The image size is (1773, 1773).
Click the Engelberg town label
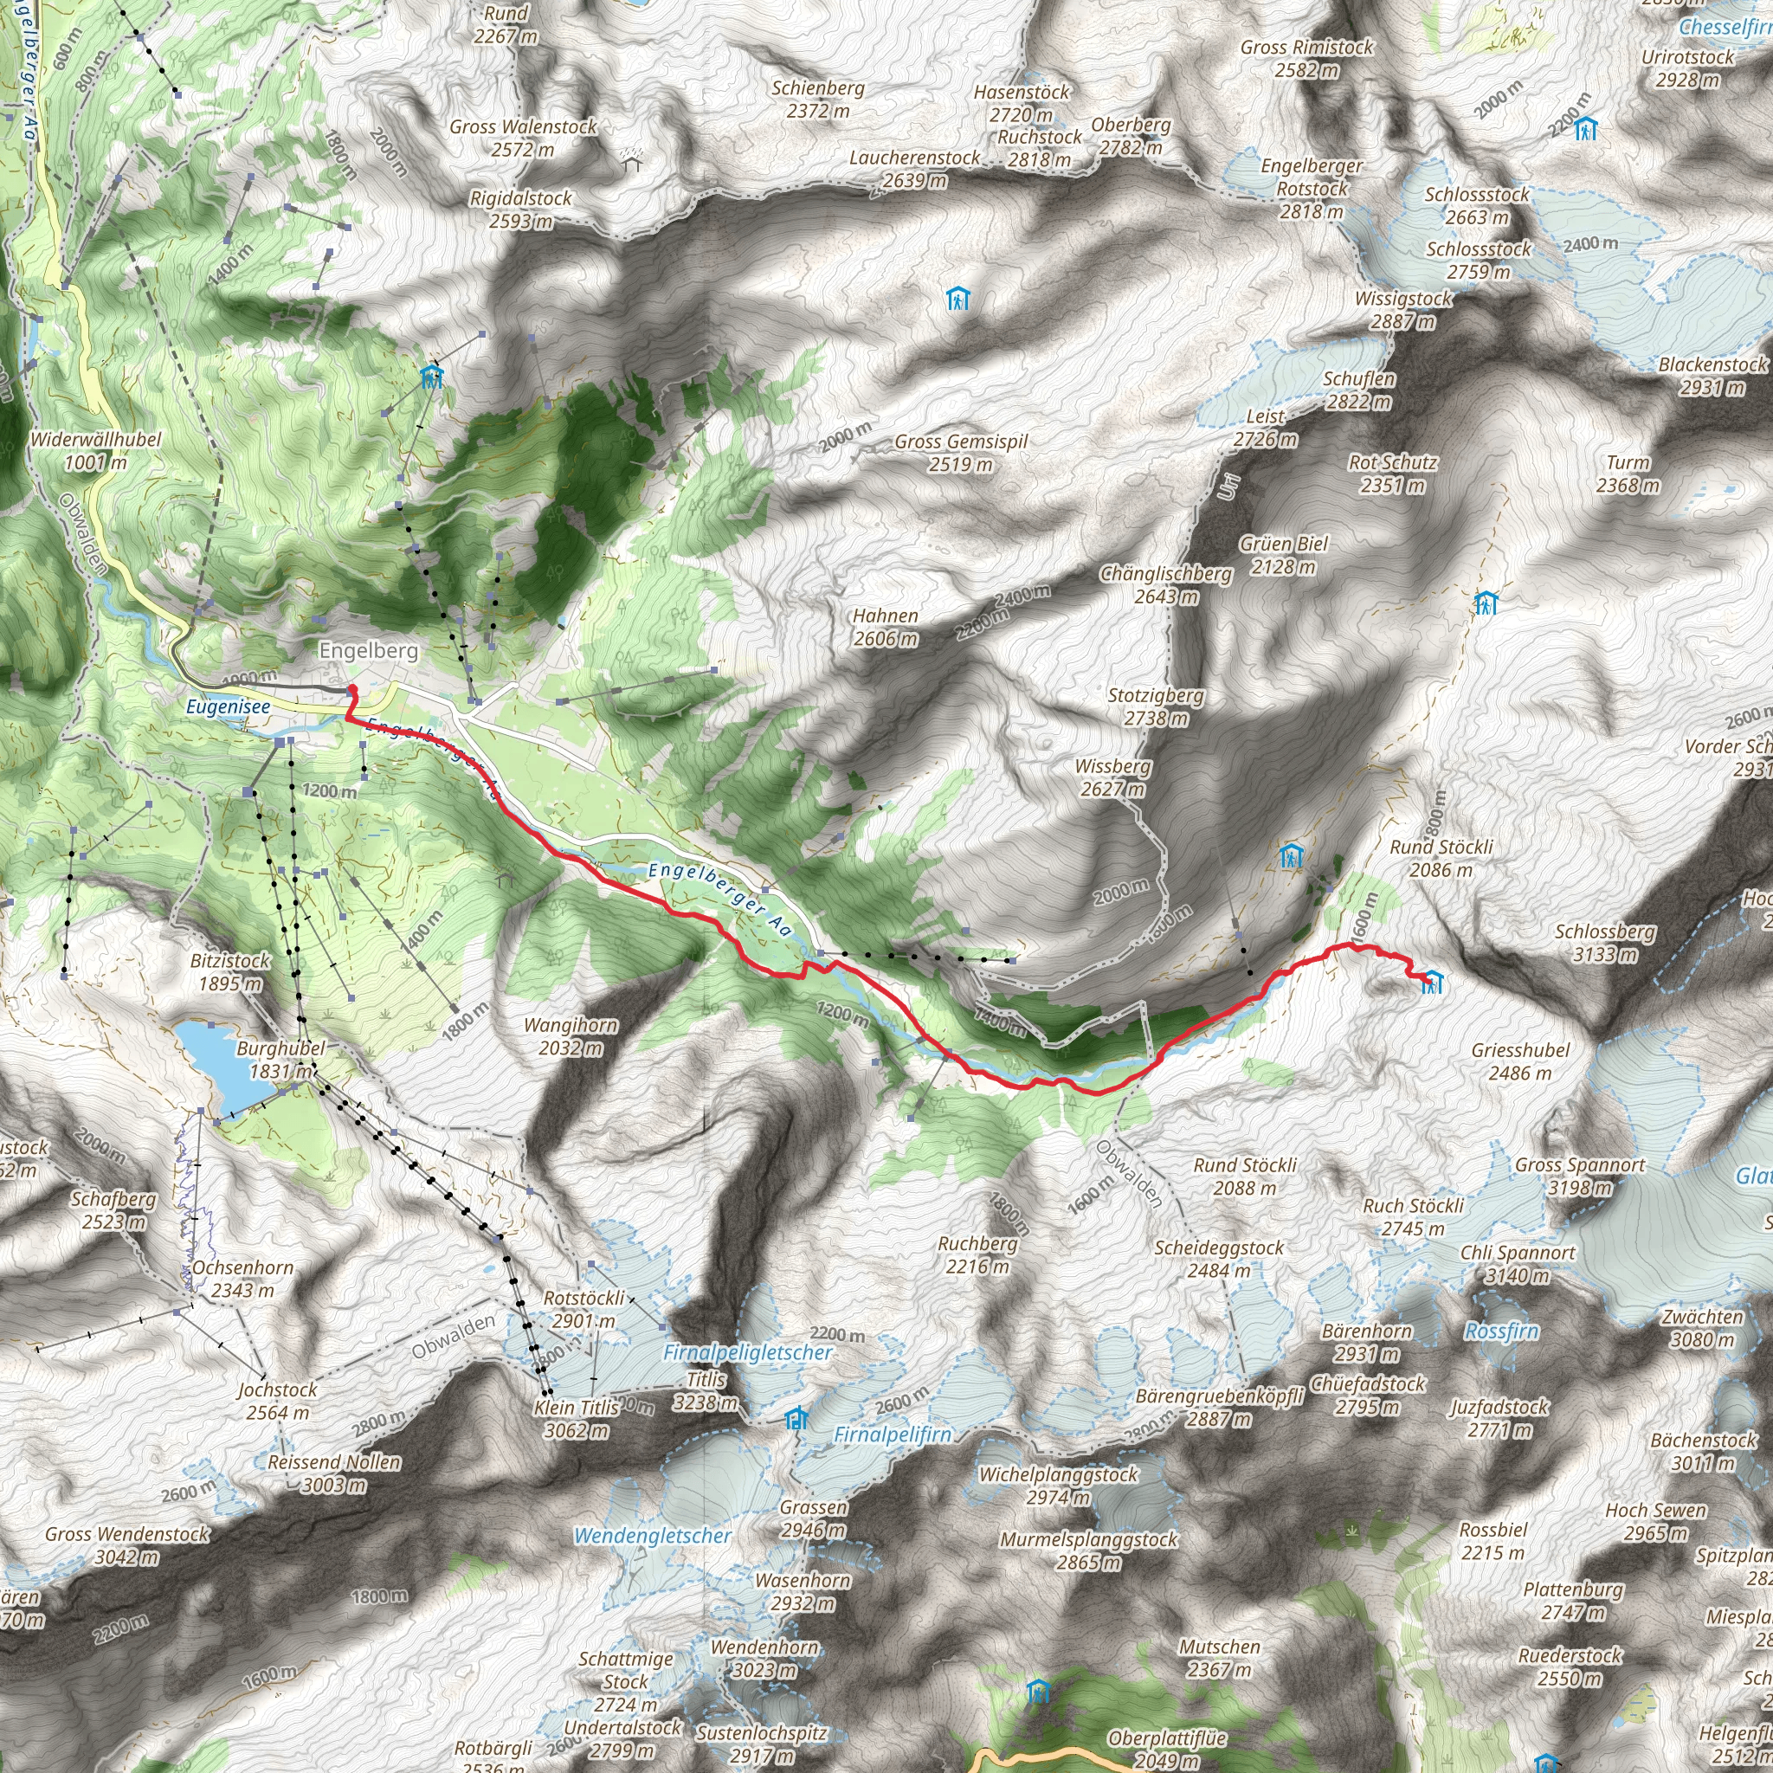tap(368, 651)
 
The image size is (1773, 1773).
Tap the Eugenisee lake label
tap(228, 706)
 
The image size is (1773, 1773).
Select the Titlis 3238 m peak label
tap(706, 1391)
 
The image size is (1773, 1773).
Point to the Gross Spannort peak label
tap(1579, 1177)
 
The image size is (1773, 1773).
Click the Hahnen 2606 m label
tap(885, 627)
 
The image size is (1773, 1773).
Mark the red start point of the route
tap(351, 689)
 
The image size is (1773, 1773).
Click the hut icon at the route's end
tap(1432, 983)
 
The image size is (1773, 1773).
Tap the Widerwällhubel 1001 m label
tap(95, 450)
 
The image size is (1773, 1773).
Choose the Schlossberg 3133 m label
tap(1604, 943)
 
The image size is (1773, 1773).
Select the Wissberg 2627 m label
tap(1112, 777)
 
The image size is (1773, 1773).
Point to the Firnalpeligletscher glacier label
tap(747, 1353)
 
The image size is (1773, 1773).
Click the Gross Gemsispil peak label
tap(961, 453)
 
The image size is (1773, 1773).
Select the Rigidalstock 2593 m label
tap(520, 210)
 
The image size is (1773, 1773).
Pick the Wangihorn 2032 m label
tap(570, 1036)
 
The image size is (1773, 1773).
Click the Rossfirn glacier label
tap(1501, 1331)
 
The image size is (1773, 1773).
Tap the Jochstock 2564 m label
tap(277, 1402)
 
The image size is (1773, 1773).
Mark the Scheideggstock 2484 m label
tap(1219, 1259)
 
